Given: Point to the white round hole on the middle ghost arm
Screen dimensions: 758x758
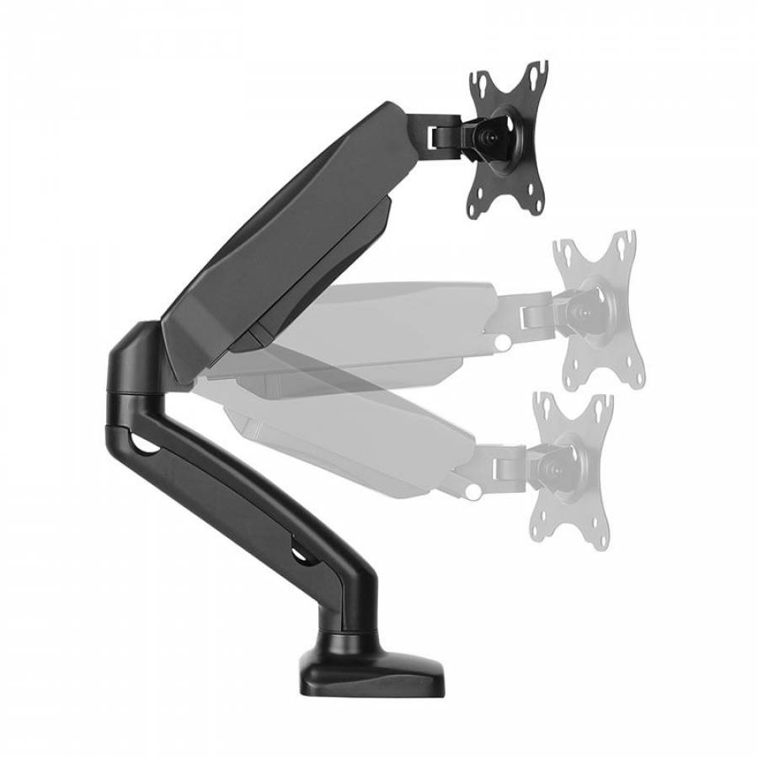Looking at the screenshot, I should click(x=503, y=344).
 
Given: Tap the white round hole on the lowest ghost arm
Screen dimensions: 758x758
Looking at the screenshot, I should click(x=474, y=489).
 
